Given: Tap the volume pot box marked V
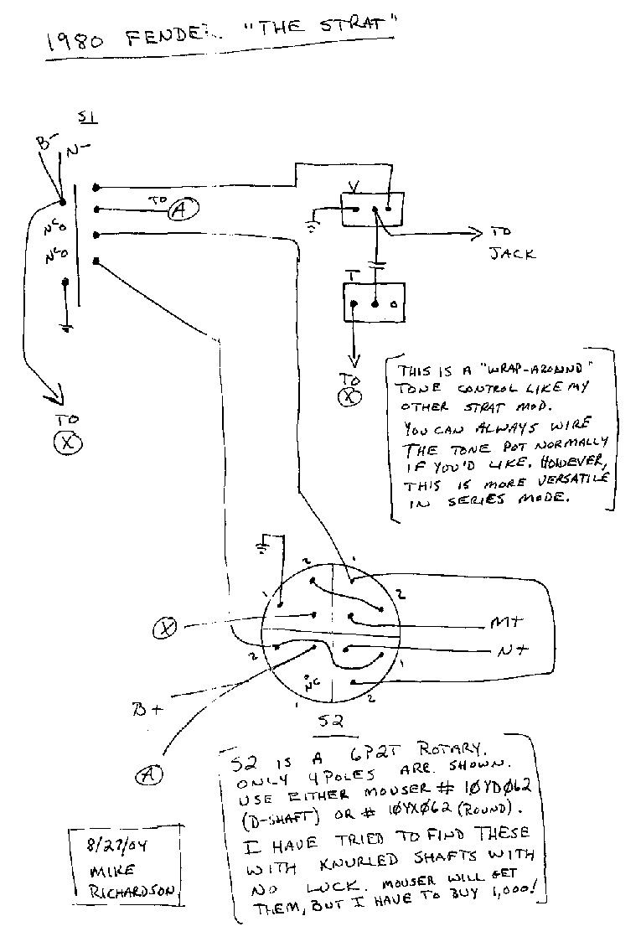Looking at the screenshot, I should (371, 209).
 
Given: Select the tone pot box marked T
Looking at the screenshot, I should (373, 301).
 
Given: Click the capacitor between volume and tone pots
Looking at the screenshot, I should (380, 266).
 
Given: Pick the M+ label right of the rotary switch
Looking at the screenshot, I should (505, 623).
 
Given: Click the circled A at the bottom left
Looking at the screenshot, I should (150, 775).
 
